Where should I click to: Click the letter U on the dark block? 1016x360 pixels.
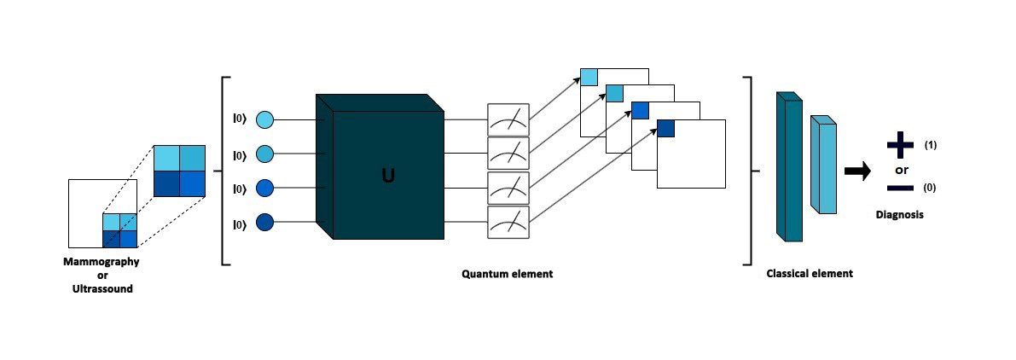pyautogui.click(x=388, y=177)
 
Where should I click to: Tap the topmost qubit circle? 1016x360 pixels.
pyautogui.click(x=264, y=120)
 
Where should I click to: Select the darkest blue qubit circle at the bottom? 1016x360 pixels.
pyautogui.click(x=264, y=224)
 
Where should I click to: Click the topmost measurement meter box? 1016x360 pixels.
pyautogui.click(x=508, y=119)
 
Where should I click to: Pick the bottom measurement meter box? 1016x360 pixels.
pyautogui.click(x=508, y=223)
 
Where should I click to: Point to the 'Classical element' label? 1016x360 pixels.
pyautogui.click(x=810, y=275)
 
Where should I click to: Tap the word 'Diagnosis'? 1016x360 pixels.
pyautogui.click(x=899, y=215)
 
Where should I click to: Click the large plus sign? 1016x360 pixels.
pyautogui.click(x=900, y=146)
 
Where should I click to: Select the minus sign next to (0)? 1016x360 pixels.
pyautogui.click(x=900, y=188)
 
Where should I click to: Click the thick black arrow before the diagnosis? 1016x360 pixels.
pyautogui.click(x=857, y=171)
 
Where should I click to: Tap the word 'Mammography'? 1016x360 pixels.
pyautogui.click(x=102, y=262)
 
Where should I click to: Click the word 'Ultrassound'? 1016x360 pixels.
pyautogui.click(x=102, y=289)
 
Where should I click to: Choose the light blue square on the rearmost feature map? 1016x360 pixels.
pyautogui.click(x=589, y=77)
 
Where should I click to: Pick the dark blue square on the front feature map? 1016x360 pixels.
pyautogui.click(x=665, y=128)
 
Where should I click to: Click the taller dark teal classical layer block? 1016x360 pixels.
pyautogui.click(x=789, y=166)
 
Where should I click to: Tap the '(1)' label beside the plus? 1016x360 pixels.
pyautogui.click(x=931, y=146)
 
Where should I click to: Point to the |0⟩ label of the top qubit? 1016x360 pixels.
pyautogui.click(x=239, y=120)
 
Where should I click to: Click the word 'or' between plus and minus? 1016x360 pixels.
pyautogui.click(x=902, y=169)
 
